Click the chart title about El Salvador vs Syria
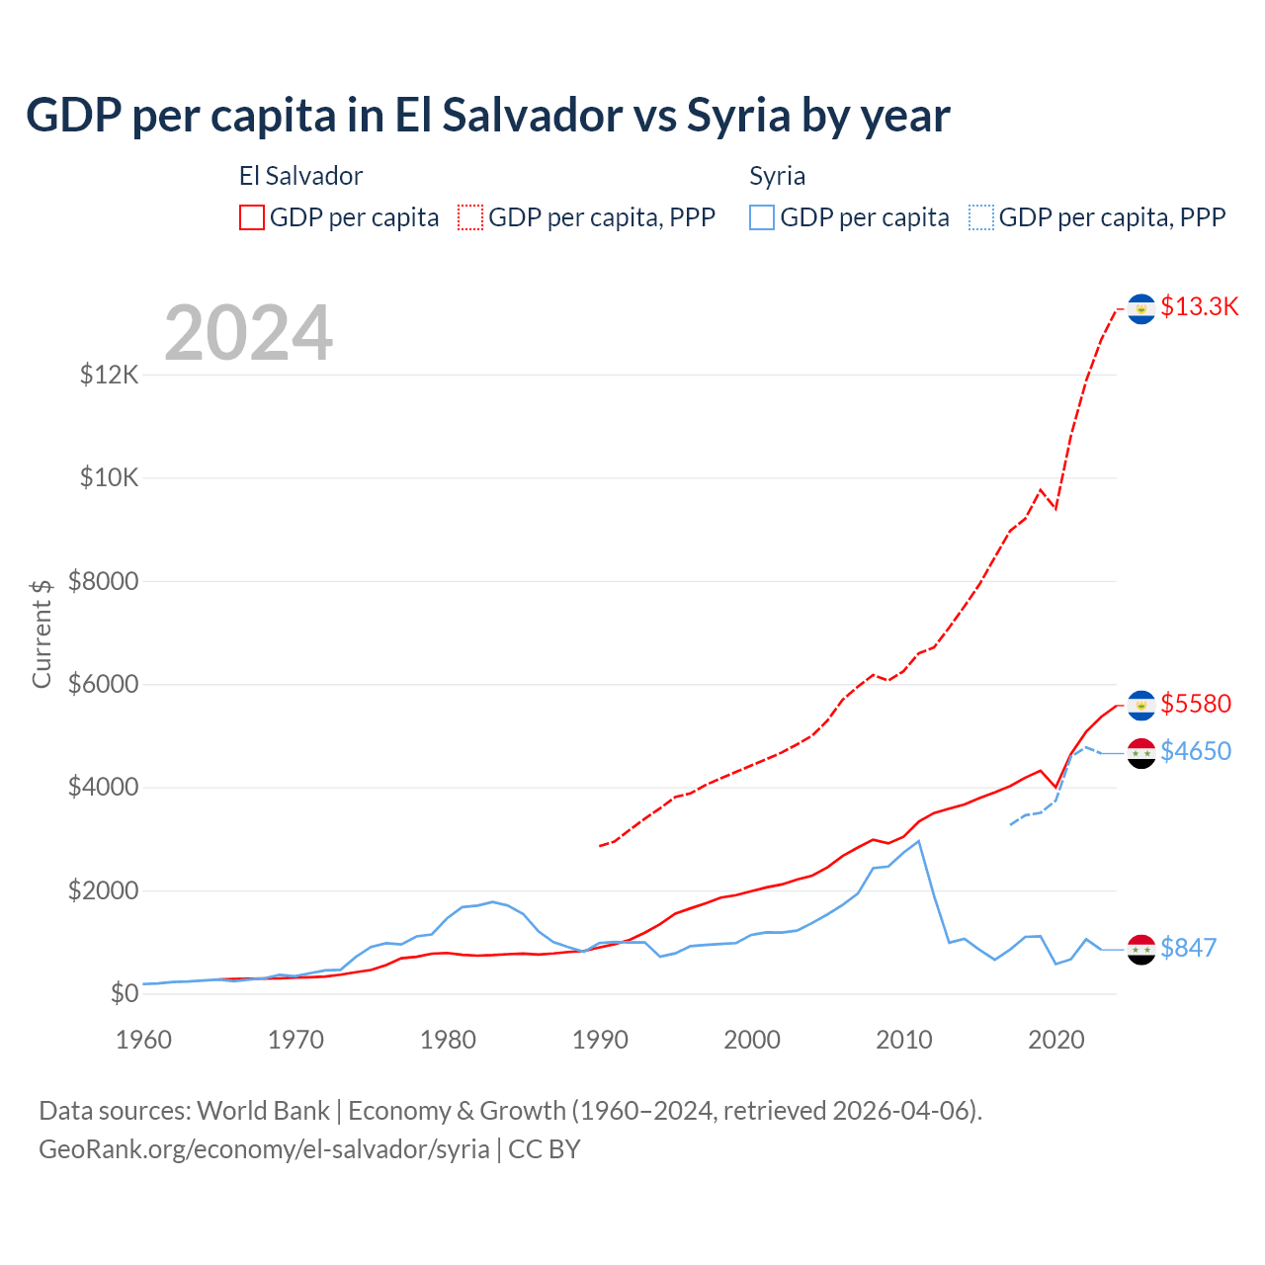pyautogui.click(x=487, y=116)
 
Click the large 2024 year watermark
pyautogui.click(x=248, y=333)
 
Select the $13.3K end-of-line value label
pyautogui.click(x=1199, y=306)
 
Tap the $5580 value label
pyautogui.click(x=1196, y=704)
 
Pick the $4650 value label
pyautogui.click(x=1196, y=751)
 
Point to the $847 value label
pyautogui.click(x=1188, y=948)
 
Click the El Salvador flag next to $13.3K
pyautogui.click(x=1141, y=309)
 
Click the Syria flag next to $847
pyautogui.click(x=1141, y=949)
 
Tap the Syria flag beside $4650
pyautogui.click(x=1141, y=753)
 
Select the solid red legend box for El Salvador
pyautogui.click(x=252, y=217)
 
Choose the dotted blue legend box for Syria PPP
pyautogui.click(x=981, y=217)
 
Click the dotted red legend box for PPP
pyautogui.click(x=470, y=217)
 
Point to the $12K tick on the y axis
pyautogui.click(x=110, y=375)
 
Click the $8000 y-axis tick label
pyautogui.click(x=104, y=581)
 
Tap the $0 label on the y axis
pyautogui.click(x=124, y=993)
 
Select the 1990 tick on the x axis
pyautogui.click(x=600, y=1040)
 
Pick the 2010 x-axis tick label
pyautogui.click(x=904, y=1040)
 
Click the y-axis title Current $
pyautogui.click(x=42, y=632)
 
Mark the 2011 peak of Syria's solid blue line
pyautogui.click(x=919, y=841)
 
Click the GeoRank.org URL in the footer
pyautogui.click(x=264, y=1149)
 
